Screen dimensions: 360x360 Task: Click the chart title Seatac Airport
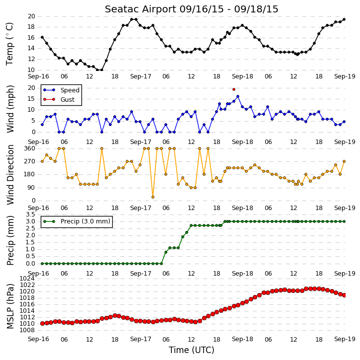tap(141, 9)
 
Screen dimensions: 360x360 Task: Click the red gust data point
tap(234, 89)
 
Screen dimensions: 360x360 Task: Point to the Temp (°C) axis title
tap(9, 44)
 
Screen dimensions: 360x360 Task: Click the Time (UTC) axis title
tap(192, 350)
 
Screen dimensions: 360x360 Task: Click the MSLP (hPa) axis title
tap(10, 306)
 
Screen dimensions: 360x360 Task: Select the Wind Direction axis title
tap(10, 175)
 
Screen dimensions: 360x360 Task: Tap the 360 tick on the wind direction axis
tap(30, 148)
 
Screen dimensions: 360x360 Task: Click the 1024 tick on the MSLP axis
tap(27, 279)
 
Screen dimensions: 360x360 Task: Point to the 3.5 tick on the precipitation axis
tap(30, 215)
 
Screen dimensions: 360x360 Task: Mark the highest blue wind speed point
tap(238, 96)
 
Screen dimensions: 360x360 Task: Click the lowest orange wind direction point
tap(153, 197)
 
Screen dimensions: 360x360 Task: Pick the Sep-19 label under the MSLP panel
tap(345, 339)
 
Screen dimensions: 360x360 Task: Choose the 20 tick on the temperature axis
tap(31, 16)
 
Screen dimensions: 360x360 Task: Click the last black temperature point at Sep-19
tap(344, 19)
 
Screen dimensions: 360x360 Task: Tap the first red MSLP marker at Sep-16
tap(42, 323)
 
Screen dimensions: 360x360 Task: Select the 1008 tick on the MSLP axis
tap(27, 330)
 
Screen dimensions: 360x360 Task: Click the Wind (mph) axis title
tap(10, 109)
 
